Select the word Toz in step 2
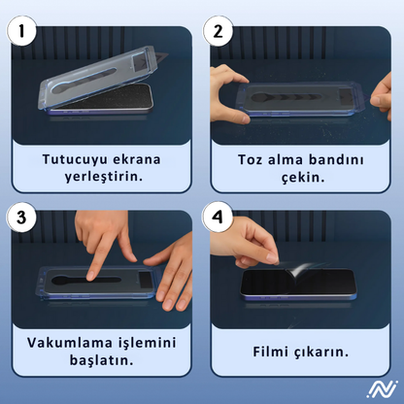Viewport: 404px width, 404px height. (x=252, y=158)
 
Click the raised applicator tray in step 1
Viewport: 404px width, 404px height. (x=97, y=73)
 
